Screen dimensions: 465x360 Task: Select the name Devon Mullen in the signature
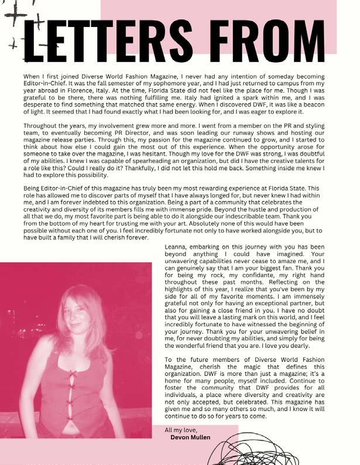[x=191, y=437]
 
